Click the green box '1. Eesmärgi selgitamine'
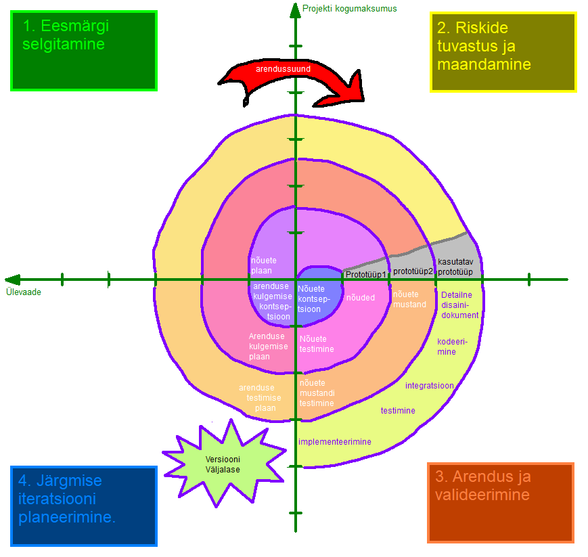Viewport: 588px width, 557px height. coord(84,51)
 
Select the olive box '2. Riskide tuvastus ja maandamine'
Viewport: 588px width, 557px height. coord(503,52)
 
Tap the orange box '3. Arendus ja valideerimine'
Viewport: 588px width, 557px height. coord(500,502)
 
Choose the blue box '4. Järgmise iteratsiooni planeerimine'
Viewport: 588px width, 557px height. coord(84,506)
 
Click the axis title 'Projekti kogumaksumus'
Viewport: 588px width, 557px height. coord(349,9)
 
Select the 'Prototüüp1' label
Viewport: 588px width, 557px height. coord(365,275)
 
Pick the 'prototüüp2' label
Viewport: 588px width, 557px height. coord(413,271)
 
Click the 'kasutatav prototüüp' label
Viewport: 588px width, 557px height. coord(455,267)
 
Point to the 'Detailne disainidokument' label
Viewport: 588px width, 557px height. coord(459,305)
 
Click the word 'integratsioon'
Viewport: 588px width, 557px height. coord(429,386)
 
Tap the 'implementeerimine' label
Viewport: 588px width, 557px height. coord(335,442)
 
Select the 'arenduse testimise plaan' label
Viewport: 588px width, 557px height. coord(256,398)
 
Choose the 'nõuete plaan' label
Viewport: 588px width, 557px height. coord(263,265)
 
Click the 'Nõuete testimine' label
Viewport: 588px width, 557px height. coord(317,344)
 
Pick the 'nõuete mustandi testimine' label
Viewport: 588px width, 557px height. coord(317,393)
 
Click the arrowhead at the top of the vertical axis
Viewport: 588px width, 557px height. coord(295,9)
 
